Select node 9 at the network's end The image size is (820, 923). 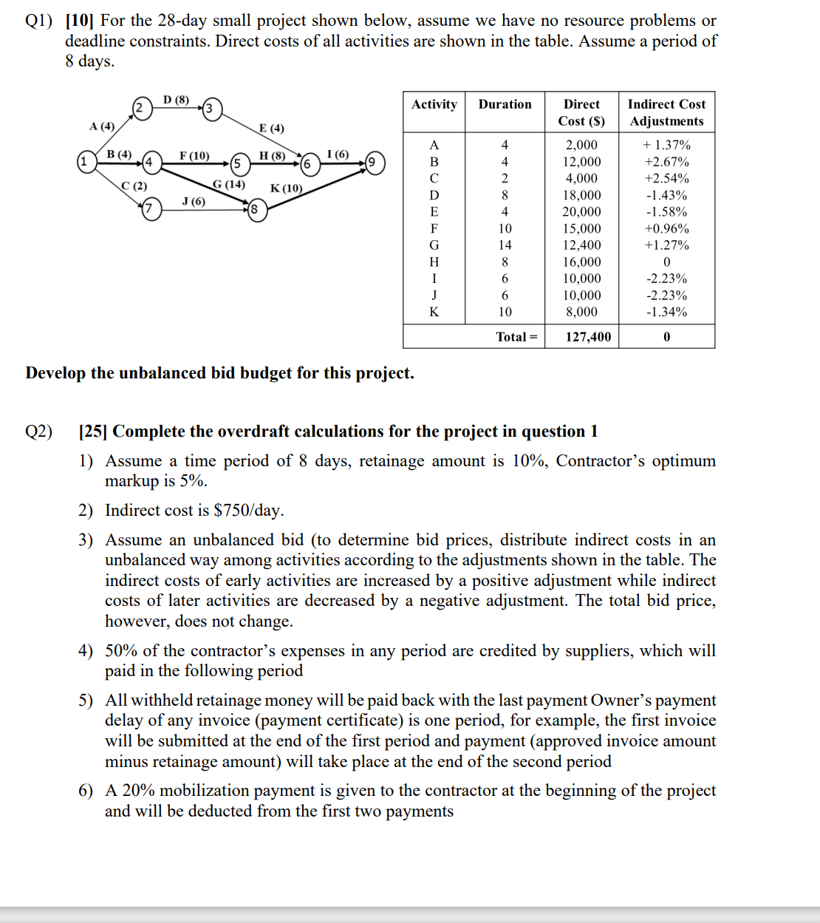tap(375, 163)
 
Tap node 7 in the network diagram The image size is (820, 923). tap(151, 209)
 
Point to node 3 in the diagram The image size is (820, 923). tap(212, 109)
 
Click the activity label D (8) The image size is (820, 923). tap(176, 100)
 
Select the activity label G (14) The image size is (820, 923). tap(228, 184)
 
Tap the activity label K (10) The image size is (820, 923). tap(287, 188)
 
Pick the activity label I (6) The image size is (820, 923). tap(338, 154)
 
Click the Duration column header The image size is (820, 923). tap(505, 104)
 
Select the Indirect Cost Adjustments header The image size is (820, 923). tap(666, 112)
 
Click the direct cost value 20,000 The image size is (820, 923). tap(581, 212)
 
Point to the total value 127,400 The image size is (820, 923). tap(588, 337)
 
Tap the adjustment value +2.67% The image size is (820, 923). tap(666, 162)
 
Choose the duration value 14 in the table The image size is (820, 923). tap(505, 245)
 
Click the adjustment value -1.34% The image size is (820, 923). tap(666, 312)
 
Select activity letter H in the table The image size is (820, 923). tap(434, 262)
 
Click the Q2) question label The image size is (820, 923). tap(39, 432)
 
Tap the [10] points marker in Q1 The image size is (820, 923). tap(80, 21)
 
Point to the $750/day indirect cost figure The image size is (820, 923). tap(247, 511)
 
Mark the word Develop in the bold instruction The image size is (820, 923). tap(55, 373)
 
